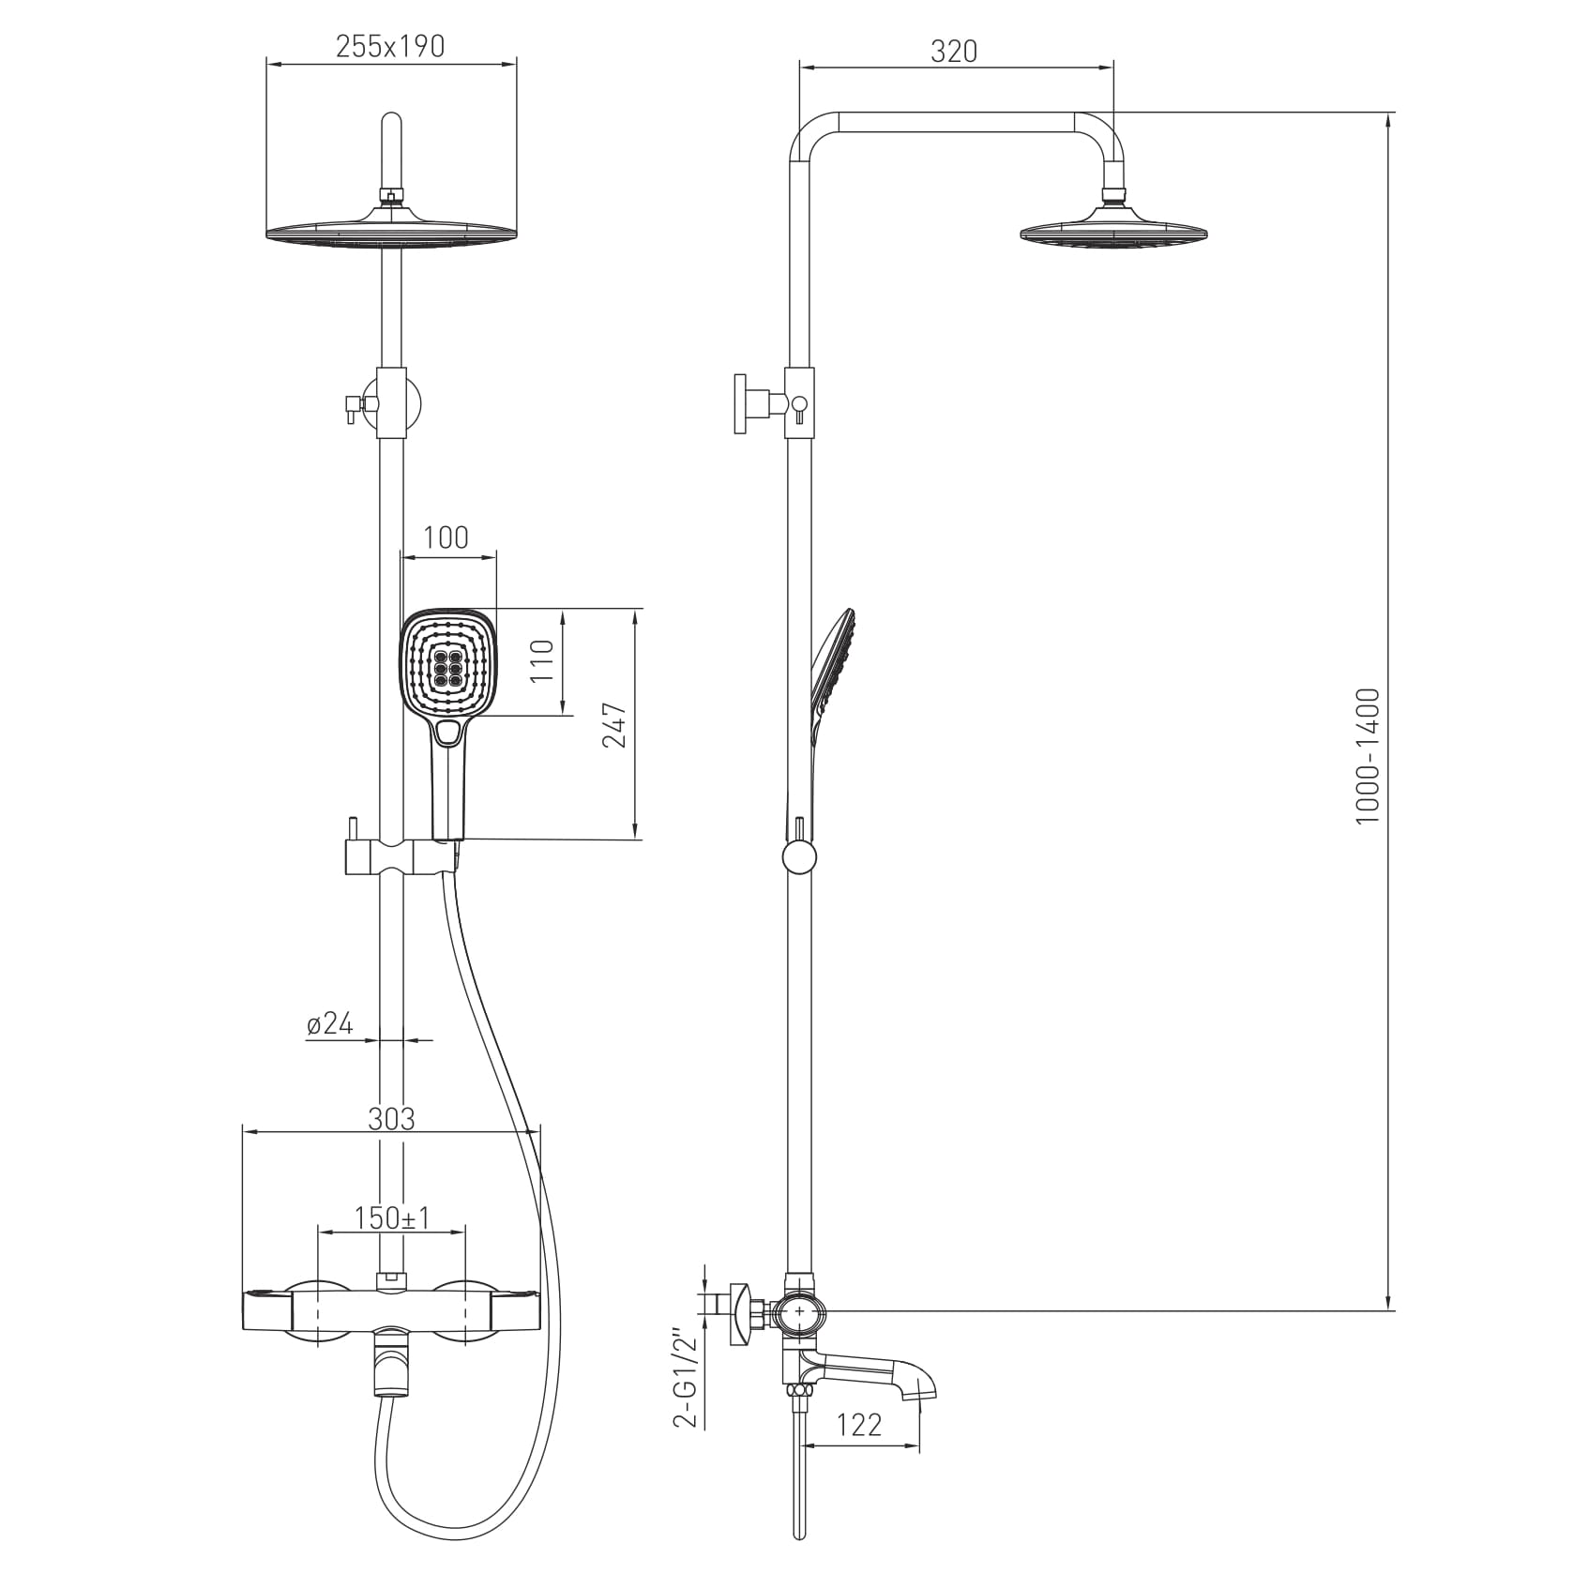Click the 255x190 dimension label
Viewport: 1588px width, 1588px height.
[x=390, y=46]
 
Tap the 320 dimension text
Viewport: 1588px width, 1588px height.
[x=954, y=51]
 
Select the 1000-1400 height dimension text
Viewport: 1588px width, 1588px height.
[x=1369, y=757]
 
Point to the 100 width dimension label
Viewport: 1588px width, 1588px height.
[x=446, y=537]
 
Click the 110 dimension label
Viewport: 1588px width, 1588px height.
[x=543, y=661]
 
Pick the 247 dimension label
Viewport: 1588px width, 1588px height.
[x=614, y=724]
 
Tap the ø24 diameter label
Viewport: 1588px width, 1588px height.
[x=330, y=1023]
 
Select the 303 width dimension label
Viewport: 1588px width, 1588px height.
[x=391, y=1118]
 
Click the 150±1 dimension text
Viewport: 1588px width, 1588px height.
[x=392, y=1217]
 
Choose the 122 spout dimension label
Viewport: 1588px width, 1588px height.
[x=859, y=1426]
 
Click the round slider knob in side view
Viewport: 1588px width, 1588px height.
[x=799, y=857]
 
